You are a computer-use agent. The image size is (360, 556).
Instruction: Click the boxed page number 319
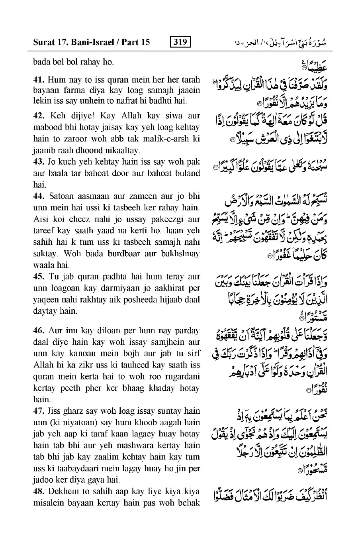(x=180, y=41)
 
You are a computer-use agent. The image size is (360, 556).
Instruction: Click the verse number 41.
(x=38, y=79)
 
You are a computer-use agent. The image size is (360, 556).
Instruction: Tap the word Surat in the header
(x=43, y=41)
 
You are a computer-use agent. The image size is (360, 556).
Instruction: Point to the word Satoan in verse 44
(x=62, y=196)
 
